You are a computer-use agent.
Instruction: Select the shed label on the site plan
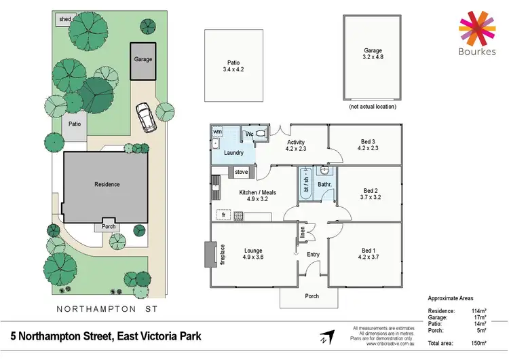[x=65, y=20]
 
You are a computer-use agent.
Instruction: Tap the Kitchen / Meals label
[x=257, y=196]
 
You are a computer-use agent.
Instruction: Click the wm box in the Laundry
[x=218, y=132]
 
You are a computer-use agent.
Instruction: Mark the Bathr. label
[x=324, y=184]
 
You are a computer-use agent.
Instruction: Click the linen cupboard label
[x=303, y=232]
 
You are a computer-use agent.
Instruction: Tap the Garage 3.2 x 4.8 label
[x=372, y=54]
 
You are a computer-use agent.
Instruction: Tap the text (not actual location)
[x=372, y=107]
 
